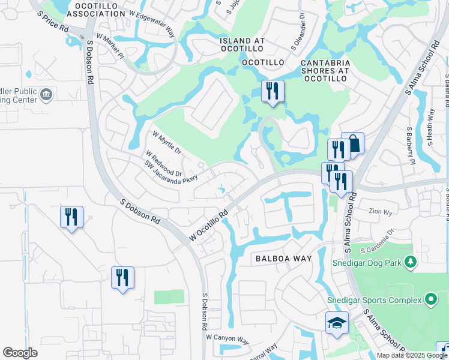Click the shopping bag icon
click(x=353, y=144)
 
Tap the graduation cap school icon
click(x=337, y=323)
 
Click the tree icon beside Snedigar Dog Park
click(x=411, y=261)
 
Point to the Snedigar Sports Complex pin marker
click(x=430, y=299)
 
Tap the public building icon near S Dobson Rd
click(x=47, y=95)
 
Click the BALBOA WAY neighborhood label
click(x=284, y=259)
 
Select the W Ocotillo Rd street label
click(x=209, y=226)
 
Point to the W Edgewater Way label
click(x=151, y=24)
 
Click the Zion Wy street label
click(x=380, y=212)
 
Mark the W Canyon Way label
click(x=227, y=339)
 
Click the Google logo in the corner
click(x=20, y=353)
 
